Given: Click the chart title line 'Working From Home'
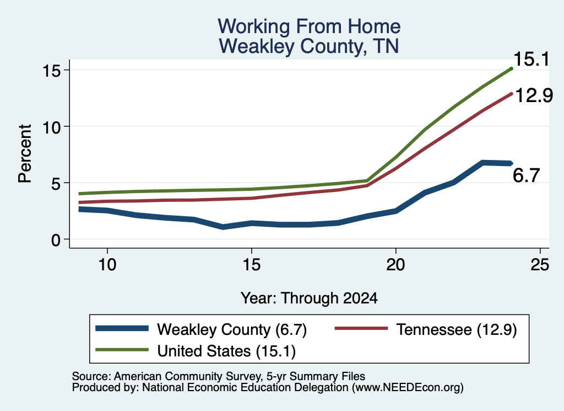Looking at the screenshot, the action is [309, 26].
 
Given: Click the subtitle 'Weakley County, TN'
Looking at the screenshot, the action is [309, 46].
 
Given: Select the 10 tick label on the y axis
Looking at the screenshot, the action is [51, 127].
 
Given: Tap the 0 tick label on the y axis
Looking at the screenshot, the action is [56, 240].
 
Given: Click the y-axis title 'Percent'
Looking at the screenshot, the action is [25, 154].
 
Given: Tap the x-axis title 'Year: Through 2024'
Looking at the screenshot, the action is [309, 298].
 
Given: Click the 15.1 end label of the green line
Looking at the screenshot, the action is [532, 59].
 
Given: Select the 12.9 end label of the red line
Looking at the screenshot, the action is [534, 96].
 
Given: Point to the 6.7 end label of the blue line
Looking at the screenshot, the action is [526, 175].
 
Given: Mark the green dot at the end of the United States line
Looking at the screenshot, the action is [511, 68].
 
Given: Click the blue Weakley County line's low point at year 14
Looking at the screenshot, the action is [223, 227].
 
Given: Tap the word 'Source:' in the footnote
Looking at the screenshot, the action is [91, 376].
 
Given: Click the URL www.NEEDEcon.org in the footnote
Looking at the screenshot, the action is [408, 388].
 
